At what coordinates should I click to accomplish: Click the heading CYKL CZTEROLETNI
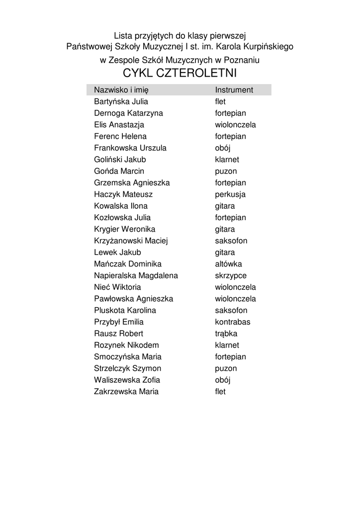pos(180,74)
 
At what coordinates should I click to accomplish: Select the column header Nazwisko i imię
pos(121,90)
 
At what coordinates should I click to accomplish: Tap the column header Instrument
pos(234,90)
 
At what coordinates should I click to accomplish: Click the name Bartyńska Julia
pos(121,101)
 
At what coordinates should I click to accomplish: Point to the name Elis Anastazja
pos(119,125)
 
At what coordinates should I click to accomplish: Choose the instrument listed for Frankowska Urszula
pos(223,148)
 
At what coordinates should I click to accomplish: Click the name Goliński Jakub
pos(120,160)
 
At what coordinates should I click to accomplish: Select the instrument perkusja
pos(230,194)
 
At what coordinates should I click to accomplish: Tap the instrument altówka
pos(228,264)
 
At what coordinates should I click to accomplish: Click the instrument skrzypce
pos(231,275)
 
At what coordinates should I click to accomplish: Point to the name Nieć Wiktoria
pos(117,287)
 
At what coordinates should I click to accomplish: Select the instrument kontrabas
pos(233,322)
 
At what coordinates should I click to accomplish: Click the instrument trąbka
pos(226,334)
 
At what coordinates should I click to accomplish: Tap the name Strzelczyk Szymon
pos(127,368)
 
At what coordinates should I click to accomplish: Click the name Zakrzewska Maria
pos(126,392)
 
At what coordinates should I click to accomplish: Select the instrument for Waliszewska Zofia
pos(223,380)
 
